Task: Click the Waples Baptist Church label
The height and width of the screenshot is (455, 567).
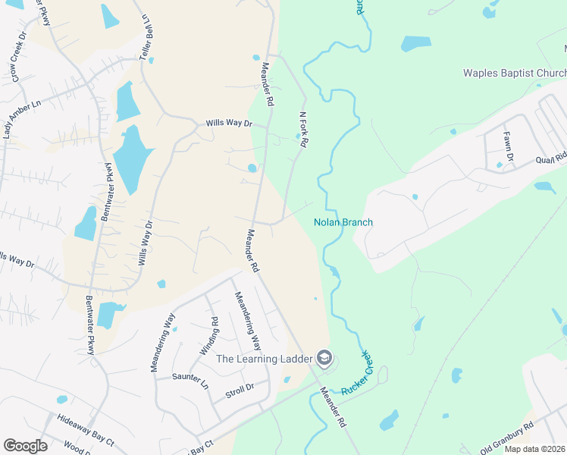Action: pyautogui.click(x=515, y=73)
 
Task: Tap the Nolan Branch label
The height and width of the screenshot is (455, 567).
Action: pyautogui.click(x=343, y=222)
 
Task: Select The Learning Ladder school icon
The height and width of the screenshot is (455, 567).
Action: pyautogui.click(x=324, y=358)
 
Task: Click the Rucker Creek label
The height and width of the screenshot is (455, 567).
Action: pyautogui.click(x=355, y=372)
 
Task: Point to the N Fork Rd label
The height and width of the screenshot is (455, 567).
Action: pyautogui.click(x=303, y=130)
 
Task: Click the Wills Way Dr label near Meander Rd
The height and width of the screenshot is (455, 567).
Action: pyautogui.click(x=229, y=123)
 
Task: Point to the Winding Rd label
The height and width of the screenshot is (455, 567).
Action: pyautogui.click(x=209, y=335)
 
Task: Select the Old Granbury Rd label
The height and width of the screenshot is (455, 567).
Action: pyautogui.click(x=509, y=439)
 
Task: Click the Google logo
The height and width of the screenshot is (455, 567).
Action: pyautogui.click(x=25, y=446)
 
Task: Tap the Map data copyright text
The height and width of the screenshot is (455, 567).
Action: pyautogui.click(x=534, y=449)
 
